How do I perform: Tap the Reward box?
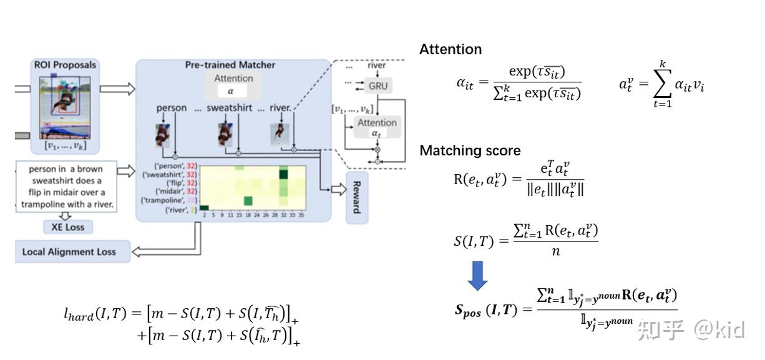[x=357, y=197]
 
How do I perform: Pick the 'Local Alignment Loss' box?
[x=69, y=251]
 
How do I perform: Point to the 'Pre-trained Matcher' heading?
[x=230, y=65]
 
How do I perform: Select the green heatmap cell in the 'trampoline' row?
[x=248, y=200]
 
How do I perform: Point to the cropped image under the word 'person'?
[x=163, y=135]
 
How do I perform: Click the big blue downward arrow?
[x=477, y=275]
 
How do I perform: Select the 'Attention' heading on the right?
[x=451, y=49]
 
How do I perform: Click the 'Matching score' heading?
[x=469, y=150]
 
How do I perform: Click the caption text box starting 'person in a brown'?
[x=66, y=187]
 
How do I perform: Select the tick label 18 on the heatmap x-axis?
[x=248, y=214]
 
